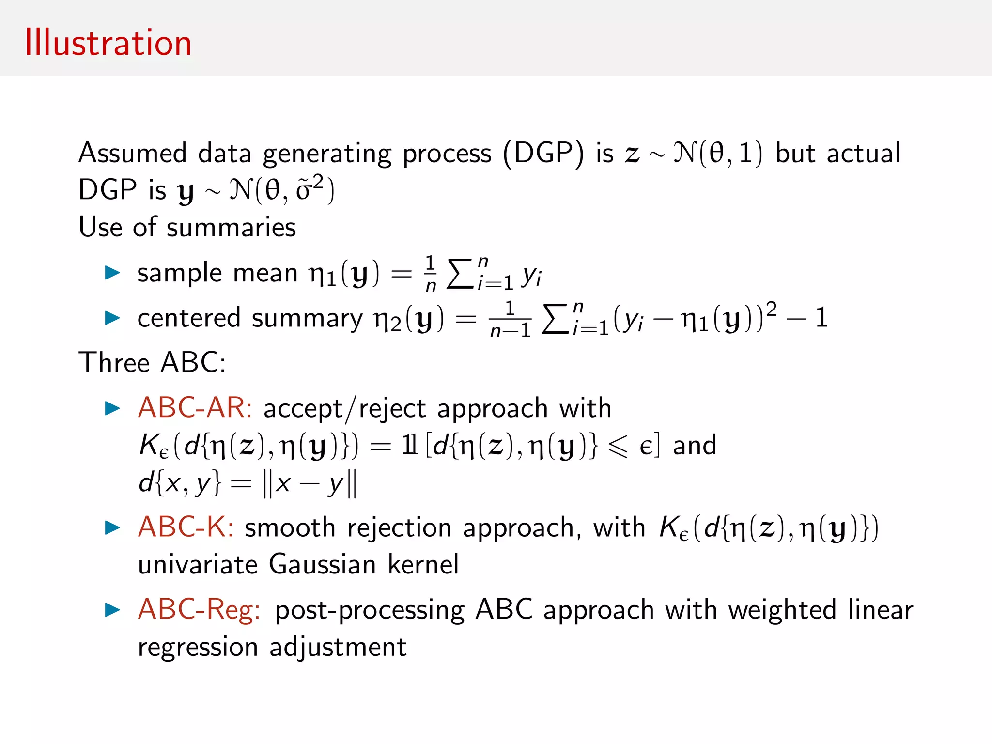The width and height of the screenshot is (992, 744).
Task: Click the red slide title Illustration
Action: (108, 43)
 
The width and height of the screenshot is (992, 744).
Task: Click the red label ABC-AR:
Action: (195, 407)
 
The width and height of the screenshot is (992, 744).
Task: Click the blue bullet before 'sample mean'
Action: (112, 272)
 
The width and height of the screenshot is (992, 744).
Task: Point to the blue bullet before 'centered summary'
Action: (112, 318)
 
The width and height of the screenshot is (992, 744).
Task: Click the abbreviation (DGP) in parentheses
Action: (543, 154)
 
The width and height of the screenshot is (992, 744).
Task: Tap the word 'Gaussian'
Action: (323, 564)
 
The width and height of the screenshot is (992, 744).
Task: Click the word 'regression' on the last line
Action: (198, 648)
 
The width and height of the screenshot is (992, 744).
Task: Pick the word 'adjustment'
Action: (338, 647)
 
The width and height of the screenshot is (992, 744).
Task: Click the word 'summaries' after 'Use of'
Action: (231, 227)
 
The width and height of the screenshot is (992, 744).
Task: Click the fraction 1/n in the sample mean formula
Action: (430, 274)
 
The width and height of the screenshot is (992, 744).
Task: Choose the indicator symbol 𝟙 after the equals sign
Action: (409, 445)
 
